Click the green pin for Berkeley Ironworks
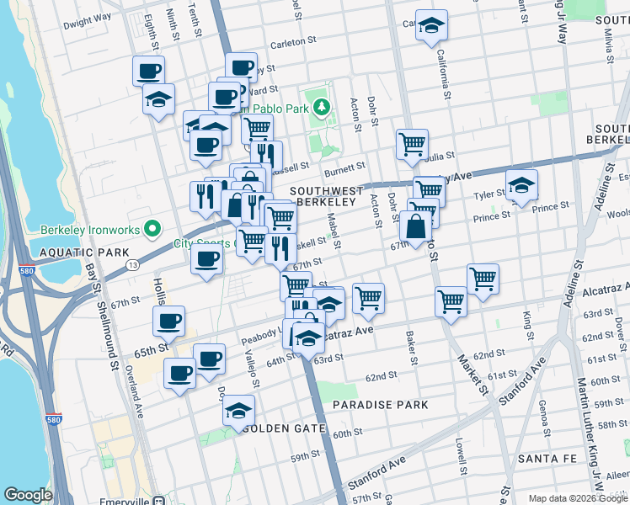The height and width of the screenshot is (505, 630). point(152,228)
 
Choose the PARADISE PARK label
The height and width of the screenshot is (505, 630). point(380,405)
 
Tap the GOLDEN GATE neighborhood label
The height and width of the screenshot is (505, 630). point(285,428)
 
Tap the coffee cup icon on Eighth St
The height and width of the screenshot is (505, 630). point(148,70)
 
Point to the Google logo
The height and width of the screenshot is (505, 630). point(28,495)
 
